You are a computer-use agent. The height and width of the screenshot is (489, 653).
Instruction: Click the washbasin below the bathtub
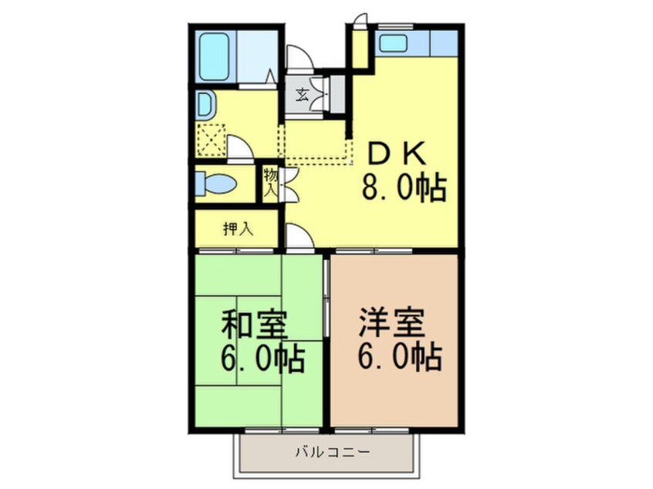coord(207,104)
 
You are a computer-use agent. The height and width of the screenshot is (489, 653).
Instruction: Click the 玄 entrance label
coord(302,96)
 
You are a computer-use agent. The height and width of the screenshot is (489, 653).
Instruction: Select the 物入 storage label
coord(271,183)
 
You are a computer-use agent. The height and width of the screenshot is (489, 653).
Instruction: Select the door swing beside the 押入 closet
coord(299,236)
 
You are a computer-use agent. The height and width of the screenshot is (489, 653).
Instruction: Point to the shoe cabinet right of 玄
coord(333,93)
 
